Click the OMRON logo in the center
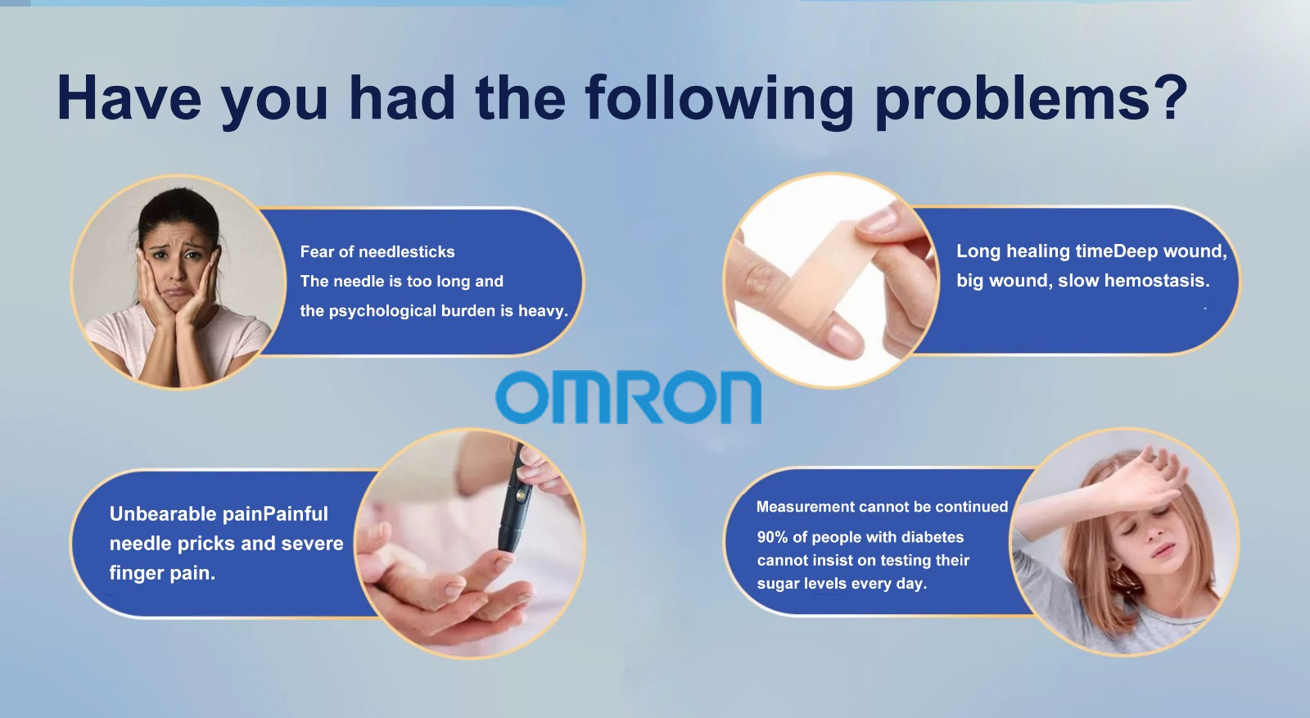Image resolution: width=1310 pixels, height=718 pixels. [628, 397]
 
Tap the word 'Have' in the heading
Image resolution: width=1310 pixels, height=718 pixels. [129, 97]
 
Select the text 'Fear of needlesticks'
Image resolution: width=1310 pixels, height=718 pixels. [377, 251]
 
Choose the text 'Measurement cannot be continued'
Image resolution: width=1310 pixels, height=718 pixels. [882, 506]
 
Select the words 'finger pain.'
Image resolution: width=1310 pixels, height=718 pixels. [162, 573]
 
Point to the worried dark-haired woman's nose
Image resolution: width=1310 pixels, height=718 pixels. [175, 265]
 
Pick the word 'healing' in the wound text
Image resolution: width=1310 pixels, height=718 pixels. [1037, 251]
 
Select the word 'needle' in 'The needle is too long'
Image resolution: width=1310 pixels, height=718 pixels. [356, 282]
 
